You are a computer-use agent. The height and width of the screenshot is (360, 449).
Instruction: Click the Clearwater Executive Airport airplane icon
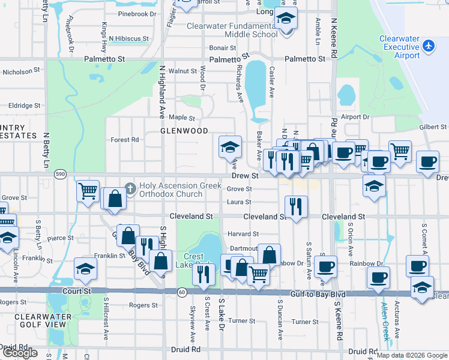[x=429, y=45]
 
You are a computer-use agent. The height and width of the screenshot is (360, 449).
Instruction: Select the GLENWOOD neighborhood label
[x=184, y=130]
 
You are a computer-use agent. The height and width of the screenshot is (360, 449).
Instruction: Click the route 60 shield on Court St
[x=181, y=292]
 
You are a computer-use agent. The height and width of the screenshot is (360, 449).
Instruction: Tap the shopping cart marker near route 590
[x=88, y=191]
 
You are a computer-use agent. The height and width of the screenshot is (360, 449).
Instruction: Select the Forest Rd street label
[x=125, y=140]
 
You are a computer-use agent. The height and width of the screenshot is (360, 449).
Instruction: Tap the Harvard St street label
[x=243, y=234]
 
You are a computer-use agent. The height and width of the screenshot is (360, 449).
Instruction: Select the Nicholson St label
[x=21, y=71]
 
